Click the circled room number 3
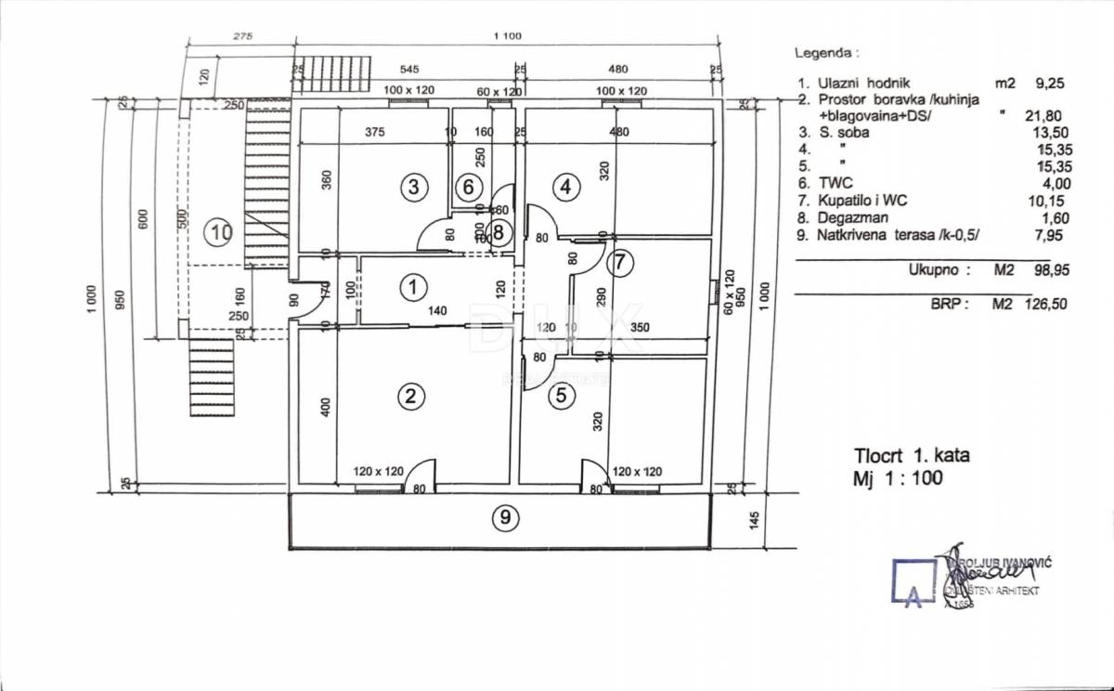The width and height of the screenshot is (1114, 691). click(414, 188)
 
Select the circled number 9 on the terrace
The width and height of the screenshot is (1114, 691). click(504, 518)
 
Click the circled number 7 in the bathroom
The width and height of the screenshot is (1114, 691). click(621, 263)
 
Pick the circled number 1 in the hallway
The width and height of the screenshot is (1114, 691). click(410, 287)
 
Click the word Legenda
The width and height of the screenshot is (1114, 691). click(827, 53)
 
